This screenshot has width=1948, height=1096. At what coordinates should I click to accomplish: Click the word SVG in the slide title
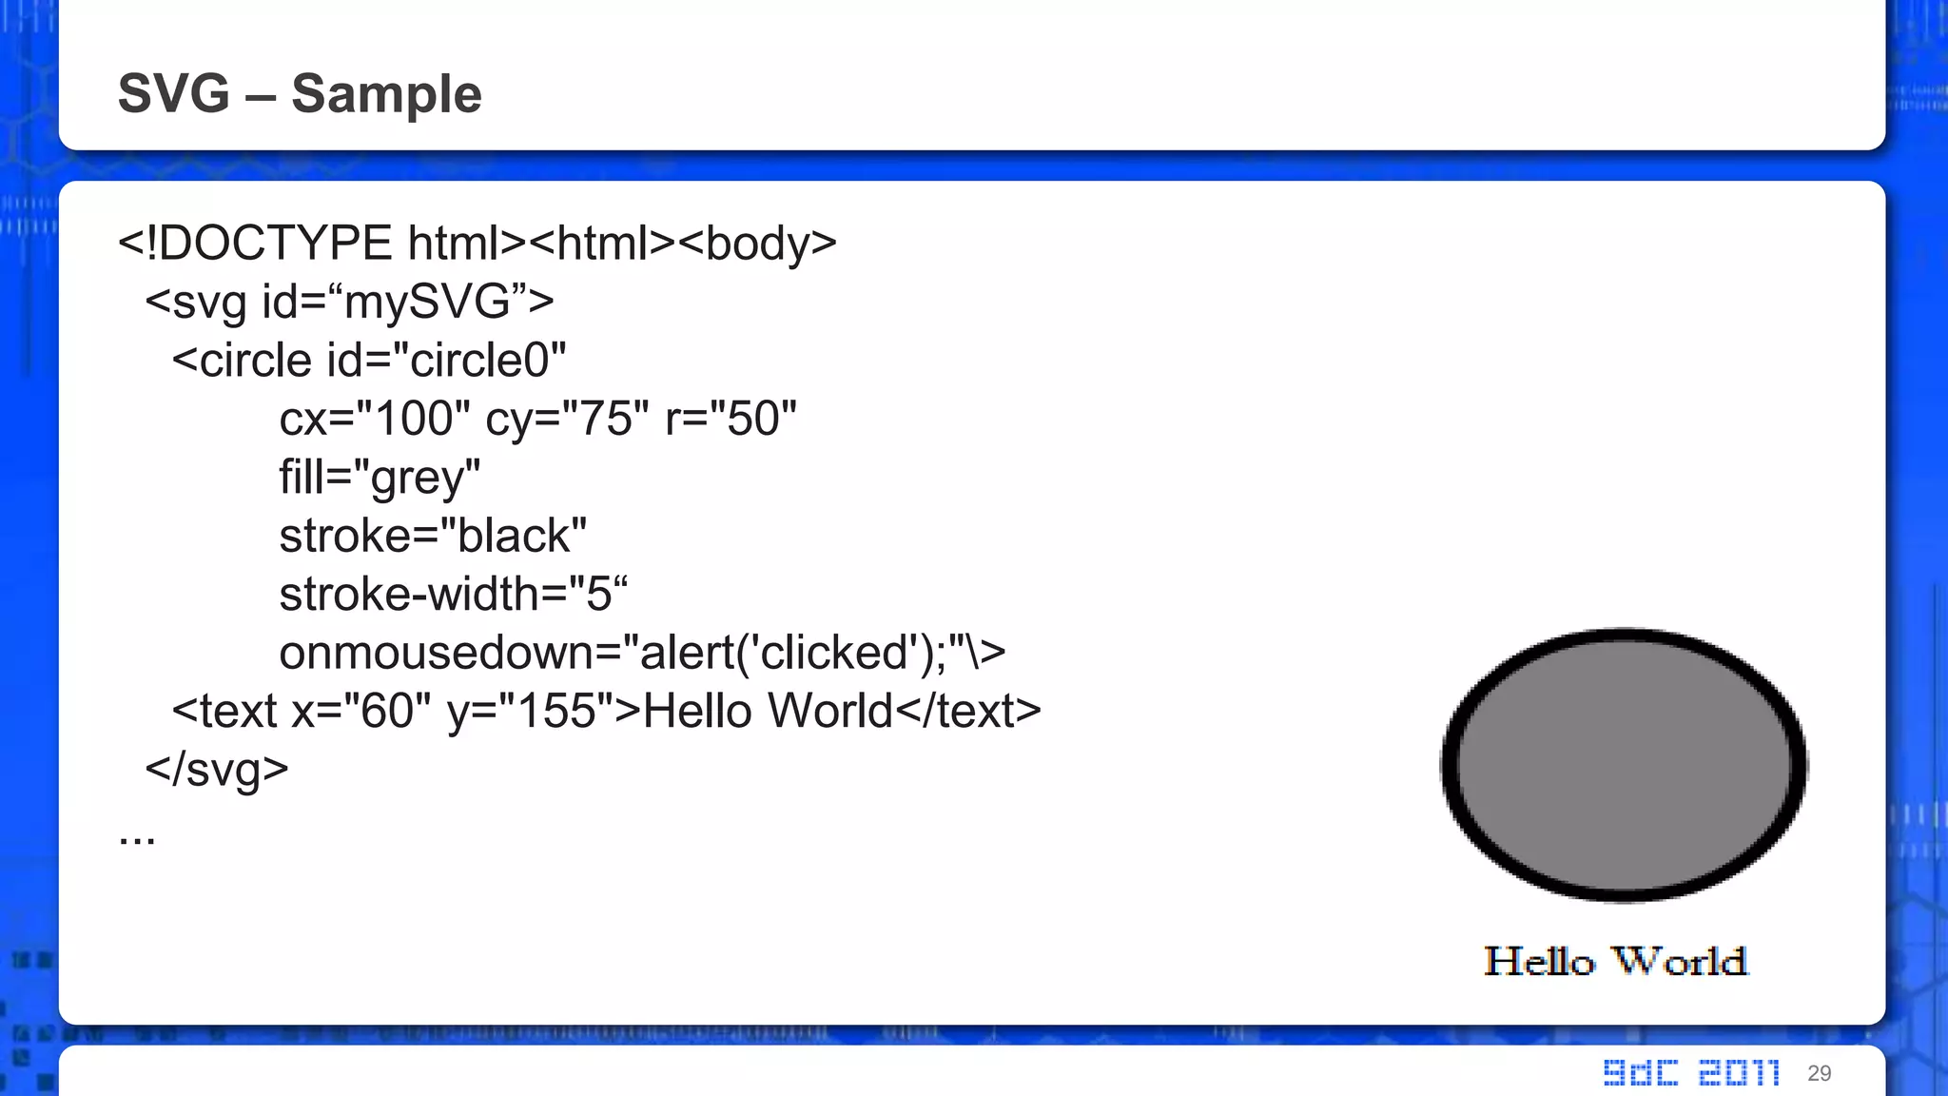pos(174,93)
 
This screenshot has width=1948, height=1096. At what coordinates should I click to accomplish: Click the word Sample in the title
pos(386,93)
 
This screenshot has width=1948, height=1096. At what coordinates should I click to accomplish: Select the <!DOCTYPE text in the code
pos(255,244)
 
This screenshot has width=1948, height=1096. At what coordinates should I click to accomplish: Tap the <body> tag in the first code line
pos(758,244)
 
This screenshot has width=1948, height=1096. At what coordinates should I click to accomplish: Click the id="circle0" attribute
pos(446,361)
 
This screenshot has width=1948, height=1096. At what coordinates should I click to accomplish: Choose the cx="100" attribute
pos(374,419)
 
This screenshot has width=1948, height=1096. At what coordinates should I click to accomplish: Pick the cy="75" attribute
pos(567,419)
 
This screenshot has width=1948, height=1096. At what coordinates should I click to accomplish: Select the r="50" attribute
pos(730,419)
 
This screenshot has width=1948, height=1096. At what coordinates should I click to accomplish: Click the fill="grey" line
pos(380,478)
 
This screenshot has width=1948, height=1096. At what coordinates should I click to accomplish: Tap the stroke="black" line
pos(433,536)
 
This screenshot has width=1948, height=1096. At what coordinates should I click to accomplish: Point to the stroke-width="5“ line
pos(453,595)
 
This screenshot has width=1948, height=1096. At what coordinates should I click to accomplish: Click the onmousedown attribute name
pos(447,653)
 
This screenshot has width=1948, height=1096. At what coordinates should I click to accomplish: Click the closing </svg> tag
pos(216,769)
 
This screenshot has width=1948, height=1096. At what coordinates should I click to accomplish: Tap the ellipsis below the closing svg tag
pos(137,837)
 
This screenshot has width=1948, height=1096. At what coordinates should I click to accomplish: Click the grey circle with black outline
pos(1624,764)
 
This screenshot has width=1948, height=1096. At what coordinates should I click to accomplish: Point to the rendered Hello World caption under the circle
pos(1616,961)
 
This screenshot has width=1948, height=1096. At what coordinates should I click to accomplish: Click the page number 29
pos(1819,1073)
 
